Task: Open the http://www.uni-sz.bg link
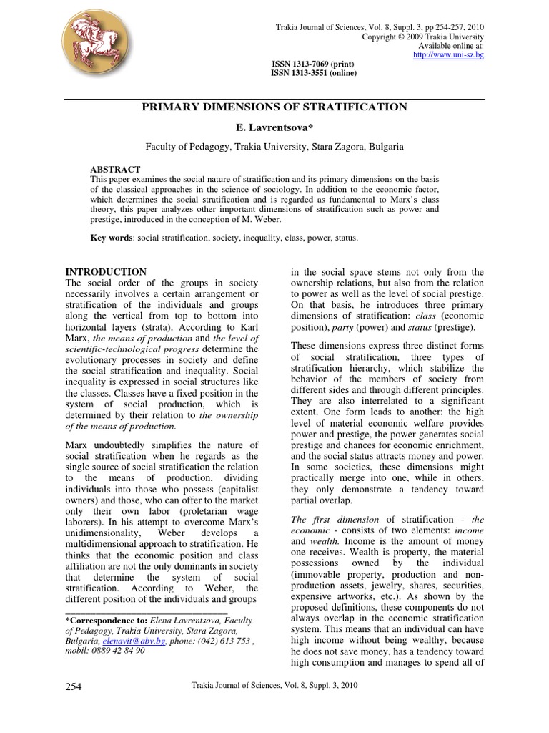click(x=449, y=55)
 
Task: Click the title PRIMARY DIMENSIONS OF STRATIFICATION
click(x=274, y=107)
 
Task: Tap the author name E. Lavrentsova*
click(x=274, y=127)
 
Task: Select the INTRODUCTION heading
click(x=106, y=272)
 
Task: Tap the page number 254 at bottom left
click(x=74, y=686)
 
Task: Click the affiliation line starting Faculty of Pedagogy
click(x=274, y=146)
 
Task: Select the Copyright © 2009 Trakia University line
click(x=423, y=37)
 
